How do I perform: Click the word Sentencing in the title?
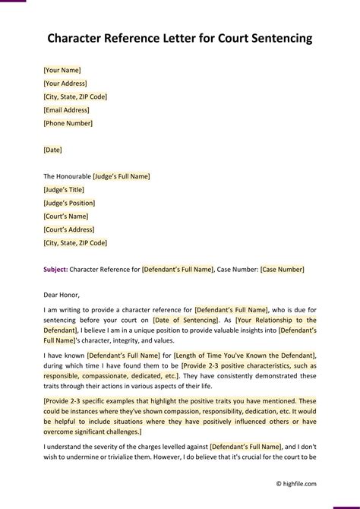(x=276, y=38)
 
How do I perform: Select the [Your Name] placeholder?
(x=62, y=70)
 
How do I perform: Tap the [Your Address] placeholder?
(x=65, y=83)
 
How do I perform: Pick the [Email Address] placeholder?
(x=67, y=109)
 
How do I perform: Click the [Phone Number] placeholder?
(x=68, y=122)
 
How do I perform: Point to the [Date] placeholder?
(x=53, y=150)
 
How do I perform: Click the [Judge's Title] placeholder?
(x=64, y=189)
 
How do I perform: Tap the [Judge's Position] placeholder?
(x=69, y=203)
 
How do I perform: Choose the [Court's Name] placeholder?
(x=66, y=216)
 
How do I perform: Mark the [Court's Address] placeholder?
(x=69, y=229)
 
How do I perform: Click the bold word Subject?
(x=55, y=269)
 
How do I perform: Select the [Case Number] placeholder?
(x=282, y=269)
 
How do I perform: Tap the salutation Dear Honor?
(x=62, y=295)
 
